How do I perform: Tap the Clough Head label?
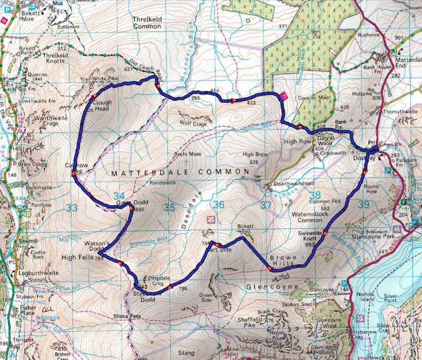(103, 105)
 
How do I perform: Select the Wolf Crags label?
(192, 124)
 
